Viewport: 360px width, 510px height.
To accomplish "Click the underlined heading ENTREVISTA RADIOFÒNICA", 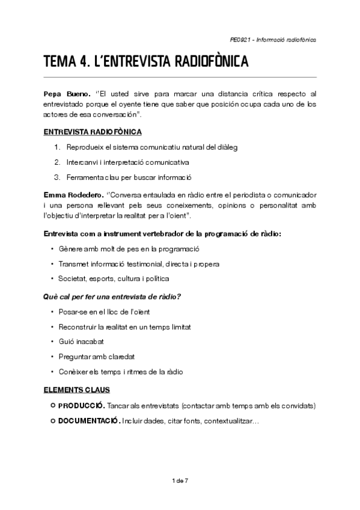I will (x=93, y=132).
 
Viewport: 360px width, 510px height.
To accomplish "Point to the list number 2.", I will (x=57, y=162).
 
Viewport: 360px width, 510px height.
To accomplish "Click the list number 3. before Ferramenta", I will (x=57, y=177).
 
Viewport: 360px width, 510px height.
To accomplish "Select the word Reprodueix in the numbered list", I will (x=85, y=148).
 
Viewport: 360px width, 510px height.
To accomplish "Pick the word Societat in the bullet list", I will (x=72, y=278).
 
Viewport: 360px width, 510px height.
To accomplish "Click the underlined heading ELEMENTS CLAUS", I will (x=76, y=390).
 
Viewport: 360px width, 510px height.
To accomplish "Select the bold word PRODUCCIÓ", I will (x=82, y=405).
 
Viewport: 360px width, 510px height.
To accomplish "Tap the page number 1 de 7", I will (x=180, y=481).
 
